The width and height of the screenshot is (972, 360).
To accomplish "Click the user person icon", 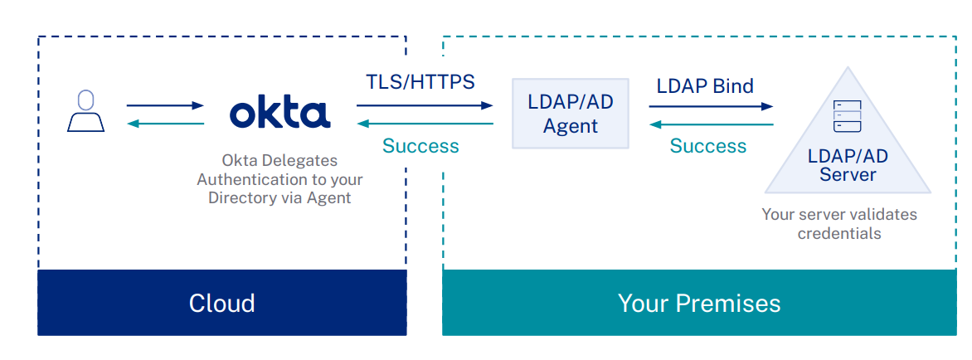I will click(x=85, y=111).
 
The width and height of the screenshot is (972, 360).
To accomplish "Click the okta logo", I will click(x=279, y=113).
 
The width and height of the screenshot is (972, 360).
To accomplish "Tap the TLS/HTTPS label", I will click(x=420, y=82).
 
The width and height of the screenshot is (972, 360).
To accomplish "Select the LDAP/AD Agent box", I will click(x=570, y=114).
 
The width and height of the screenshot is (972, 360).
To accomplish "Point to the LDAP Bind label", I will click(x=705, y=85).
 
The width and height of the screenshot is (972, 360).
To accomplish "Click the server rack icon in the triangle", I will click(x=848, y=117).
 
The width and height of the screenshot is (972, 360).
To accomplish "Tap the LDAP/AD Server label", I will click(x=848, y=165).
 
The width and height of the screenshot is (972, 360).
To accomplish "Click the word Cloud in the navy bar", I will click(x=221, y=303).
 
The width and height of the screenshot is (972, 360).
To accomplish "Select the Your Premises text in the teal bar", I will click(x=698, y=303).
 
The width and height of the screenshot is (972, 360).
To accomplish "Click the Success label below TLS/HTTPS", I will click(x=420, y=146).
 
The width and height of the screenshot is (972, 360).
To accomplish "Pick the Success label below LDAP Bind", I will click(x=707, y=146).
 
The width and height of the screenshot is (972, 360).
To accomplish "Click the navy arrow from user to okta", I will click(x=164, y=105).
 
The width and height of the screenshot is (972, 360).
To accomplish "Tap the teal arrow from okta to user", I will click(x=164, y=124).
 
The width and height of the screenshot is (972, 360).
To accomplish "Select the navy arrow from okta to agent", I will click(x=425, y=105).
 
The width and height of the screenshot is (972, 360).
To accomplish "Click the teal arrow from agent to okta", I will click(x=425, y=124).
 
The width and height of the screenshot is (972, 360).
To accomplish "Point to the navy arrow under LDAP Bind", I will click(x=711, y=105).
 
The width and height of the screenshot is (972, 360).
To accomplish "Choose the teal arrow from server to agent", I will click(x=711, y=124).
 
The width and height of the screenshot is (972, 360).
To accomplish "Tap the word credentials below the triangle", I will click(x=839, y=233).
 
